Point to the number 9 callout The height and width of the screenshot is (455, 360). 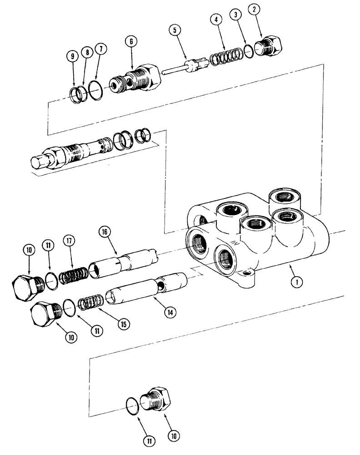[x=72, y=57]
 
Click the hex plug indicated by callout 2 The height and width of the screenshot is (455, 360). [x=270, y=47]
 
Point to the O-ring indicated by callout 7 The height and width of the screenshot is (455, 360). [x=95, y=89]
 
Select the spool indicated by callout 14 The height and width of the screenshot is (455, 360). [x=145, y=291]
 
